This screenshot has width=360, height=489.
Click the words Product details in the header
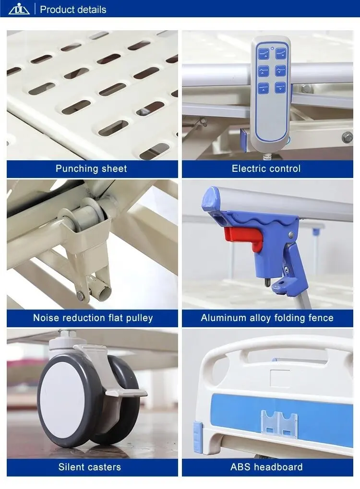pos(73,10)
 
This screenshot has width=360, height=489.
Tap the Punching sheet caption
pos(91,168)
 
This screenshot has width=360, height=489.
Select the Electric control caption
pos(266,168)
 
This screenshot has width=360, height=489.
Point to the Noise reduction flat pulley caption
pos(93,318)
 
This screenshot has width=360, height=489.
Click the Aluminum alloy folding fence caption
pos(267,318)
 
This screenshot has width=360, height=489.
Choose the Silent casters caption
pos(90,467)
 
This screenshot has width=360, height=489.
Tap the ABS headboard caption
pos(266,467)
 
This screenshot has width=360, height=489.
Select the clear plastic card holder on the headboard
pos(279,423)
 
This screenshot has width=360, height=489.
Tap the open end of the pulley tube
pos(107,291)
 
